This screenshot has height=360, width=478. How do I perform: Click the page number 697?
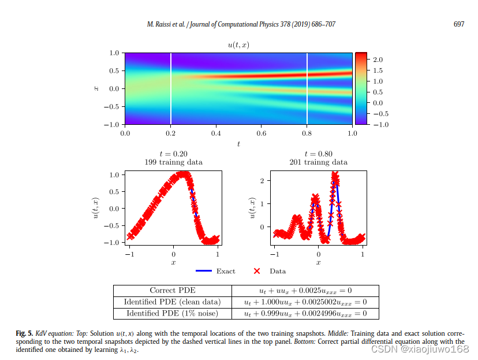tap(459, 24)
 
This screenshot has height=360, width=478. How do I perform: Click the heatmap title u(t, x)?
tap(238, 44)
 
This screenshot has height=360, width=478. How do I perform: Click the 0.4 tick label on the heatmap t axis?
tap(216, 133)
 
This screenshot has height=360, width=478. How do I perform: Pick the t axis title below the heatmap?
tap(238, 144)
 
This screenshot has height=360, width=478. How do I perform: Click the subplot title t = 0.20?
tap(173, 154)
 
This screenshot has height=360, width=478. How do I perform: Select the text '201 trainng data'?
tap(318, 163)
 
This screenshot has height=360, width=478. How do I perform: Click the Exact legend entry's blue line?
tap(204, 271)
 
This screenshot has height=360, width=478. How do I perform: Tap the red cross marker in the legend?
tap(257, 271)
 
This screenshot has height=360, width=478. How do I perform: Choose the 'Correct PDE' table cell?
tap(172, 291)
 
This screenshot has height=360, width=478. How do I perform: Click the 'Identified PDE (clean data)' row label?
tap(172, 302)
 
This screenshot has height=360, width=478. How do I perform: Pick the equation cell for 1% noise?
tap(305, 313)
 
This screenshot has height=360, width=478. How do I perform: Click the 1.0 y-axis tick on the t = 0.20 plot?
tap(114, 175)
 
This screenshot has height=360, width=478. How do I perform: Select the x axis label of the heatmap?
tap(96, 88)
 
